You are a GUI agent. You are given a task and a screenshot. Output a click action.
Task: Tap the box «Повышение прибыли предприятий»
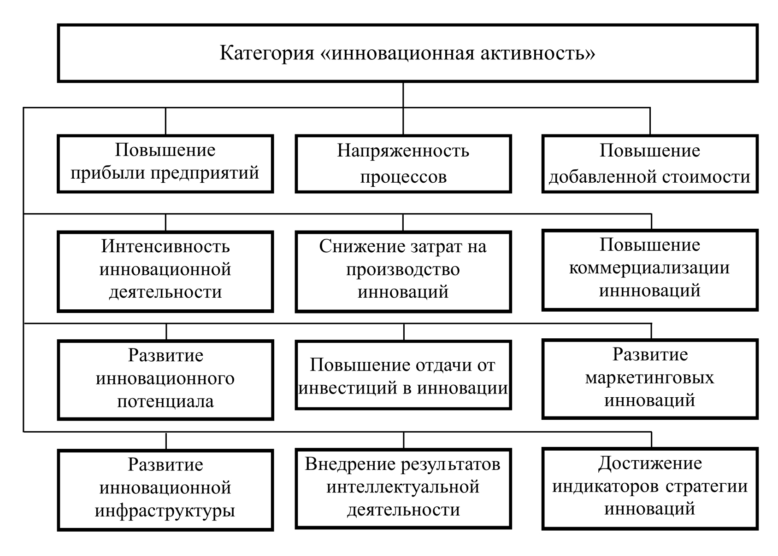[165, 163]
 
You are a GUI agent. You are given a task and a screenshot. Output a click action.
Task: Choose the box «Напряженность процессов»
[403, 163]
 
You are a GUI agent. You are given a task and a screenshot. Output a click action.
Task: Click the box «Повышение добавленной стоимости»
[649, 163]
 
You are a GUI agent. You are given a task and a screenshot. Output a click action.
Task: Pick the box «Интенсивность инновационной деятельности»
[165, 271]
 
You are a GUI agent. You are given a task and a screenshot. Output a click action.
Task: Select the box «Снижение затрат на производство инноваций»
[403, 271]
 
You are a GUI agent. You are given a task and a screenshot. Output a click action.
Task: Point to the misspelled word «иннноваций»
[649, 291]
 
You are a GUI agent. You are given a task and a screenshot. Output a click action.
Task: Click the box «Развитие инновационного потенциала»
[165, 379]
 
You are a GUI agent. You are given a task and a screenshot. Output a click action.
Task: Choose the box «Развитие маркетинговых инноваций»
[649, 378]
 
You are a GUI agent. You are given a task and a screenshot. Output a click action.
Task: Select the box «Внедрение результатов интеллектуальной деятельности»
[403, 488]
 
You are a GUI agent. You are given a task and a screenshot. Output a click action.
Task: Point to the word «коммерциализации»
[649, 268]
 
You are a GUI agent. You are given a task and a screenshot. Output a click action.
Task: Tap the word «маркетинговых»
[649, 378]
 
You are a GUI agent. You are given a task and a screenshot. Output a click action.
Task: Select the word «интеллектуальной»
[403, 487]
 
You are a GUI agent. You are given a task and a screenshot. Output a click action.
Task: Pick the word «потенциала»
[165, 401]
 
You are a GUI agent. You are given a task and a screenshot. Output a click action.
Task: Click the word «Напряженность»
[403, 151]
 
